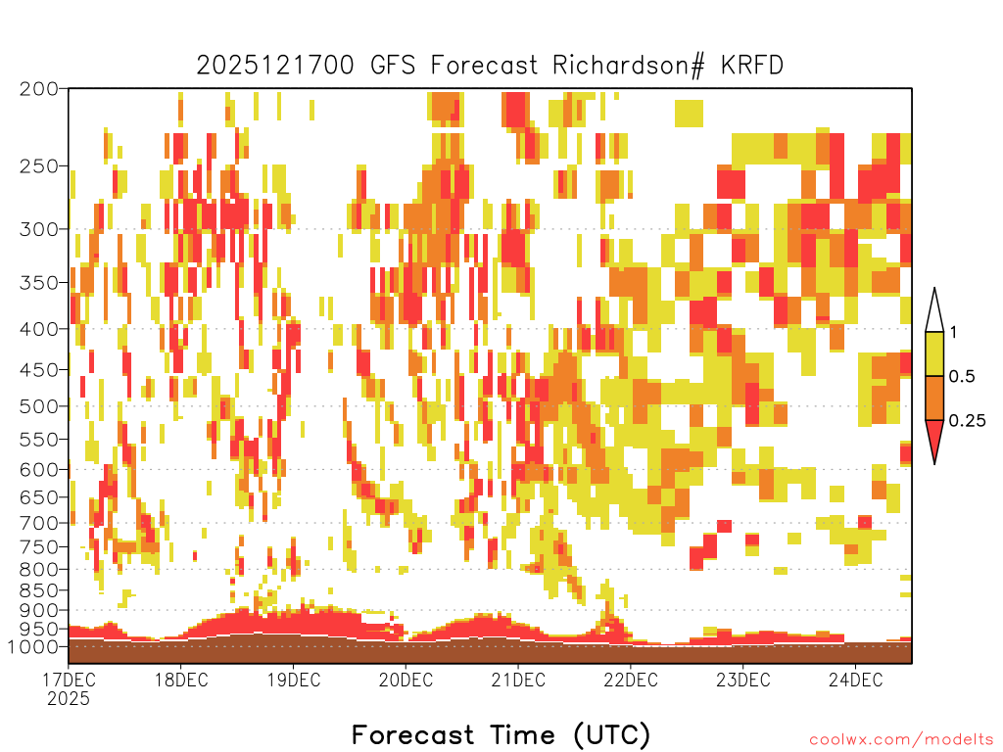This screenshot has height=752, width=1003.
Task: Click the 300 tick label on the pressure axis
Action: (x=38, y=229)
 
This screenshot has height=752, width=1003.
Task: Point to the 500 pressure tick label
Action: (x=38, y=406)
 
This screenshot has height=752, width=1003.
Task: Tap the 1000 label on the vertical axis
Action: (x=32, y=646)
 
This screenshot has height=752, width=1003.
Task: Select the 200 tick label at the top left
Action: (x=38, y=89)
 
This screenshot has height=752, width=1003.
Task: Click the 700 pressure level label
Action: (x=38, y=523)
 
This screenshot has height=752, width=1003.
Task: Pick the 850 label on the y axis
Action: (x=38, y=590)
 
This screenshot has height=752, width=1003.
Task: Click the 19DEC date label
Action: (x=294, y=680)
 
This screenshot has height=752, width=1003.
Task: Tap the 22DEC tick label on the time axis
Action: (x=631, y=680)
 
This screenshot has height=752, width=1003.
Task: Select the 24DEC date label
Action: (x=855, y=680)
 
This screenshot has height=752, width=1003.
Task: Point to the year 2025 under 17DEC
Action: (x=69, y=698)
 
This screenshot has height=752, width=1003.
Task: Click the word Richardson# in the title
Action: (x=629, y=66)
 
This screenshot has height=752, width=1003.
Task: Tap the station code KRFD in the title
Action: (x=751, y=66)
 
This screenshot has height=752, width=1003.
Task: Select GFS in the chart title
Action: (x=393, y=66)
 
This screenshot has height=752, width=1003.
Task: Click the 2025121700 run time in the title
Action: (x=275, y=66)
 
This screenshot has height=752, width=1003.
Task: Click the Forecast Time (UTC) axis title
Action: (x=501, y=734)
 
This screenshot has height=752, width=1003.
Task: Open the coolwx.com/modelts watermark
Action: (x=901, y=740)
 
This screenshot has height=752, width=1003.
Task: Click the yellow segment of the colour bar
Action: (x=934, y=353)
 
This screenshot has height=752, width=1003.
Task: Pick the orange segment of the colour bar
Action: (x=934, y=398)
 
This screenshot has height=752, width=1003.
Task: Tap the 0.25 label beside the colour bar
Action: (x=967, y=421)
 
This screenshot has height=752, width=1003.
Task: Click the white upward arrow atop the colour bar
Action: (x=934, y=311)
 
